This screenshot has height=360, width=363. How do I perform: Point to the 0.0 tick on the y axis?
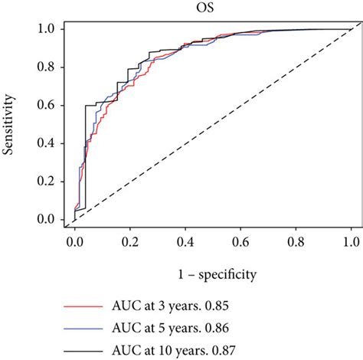tap(47, 220)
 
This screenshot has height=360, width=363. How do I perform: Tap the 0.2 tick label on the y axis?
tap(47, 182)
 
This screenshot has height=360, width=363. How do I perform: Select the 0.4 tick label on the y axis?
tap(47, 143)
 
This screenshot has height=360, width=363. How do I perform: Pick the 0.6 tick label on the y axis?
tap(47, 105)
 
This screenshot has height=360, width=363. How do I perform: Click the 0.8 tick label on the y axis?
tap(47, 67)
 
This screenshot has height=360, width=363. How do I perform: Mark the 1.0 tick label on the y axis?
tap(47, 28)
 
